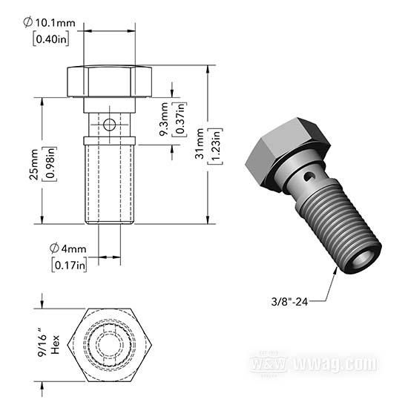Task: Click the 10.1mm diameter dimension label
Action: (x=50, y=23)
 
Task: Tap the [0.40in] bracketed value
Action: (x=51, y=39)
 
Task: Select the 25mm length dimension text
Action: (x=34, y=165)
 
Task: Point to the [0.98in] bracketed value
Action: (x=50, y=164)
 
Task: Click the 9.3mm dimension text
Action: (x=165, y=119)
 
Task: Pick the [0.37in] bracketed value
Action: (x=180, y=119)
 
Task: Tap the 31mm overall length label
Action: (x=200, y=144)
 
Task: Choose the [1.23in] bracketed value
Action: (x=216, y=146)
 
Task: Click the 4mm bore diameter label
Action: (x=68, y=249)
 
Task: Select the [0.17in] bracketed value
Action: (x=70, y=265)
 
